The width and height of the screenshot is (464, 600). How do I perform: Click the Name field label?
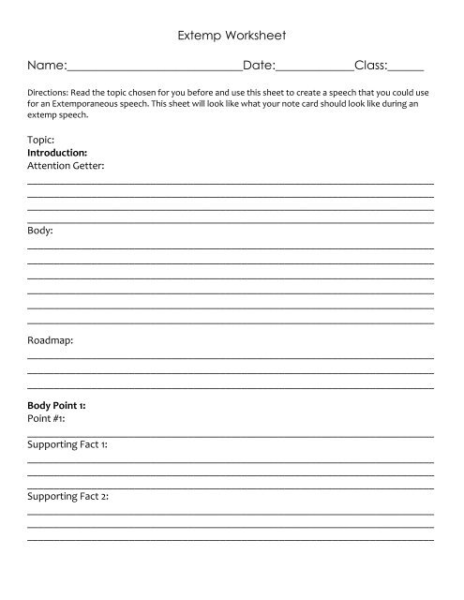(x=46, y=67)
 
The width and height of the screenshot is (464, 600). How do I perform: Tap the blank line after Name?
(x=154, y=70)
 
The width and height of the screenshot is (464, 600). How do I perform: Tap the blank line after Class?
(x=406, y=70)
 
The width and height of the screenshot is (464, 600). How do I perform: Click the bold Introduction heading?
(x=58, y=151)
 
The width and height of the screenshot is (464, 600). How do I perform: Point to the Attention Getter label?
(x=66, y=165)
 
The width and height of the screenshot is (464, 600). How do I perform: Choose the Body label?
(x=40, y=229)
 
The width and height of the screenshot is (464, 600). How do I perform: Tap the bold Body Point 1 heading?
(x=58, y=405)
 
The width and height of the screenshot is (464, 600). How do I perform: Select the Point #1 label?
(x=46, y=418)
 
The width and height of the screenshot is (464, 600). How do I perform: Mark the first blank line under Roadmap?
(x=231, y=359)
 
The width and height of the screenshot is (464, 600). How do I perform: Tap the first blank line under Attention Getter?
(x=231, y=183)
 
